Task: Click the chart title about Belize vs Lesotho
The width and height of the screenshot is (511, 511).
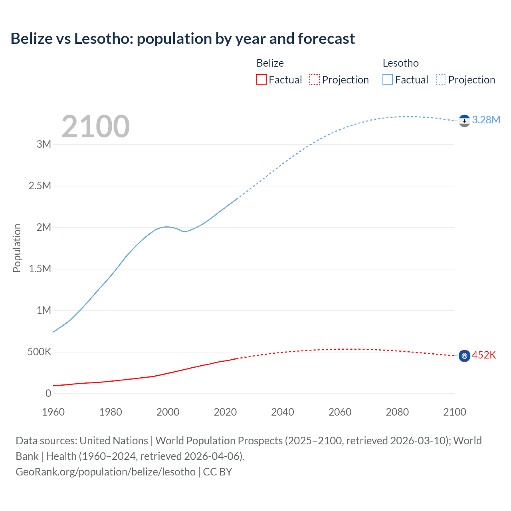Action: coord(182,39)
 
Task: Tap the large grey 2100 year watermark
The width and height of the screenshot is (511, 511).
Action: coord(95,127)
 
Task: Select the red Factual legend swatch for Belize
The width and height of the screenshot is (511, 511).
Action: coord(261,80)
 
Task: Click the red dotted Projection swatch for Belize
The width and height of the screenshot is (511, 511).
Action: coord(315,80)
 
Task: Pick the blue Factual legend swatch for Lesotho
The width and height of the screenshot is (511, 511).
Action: coord(387,80)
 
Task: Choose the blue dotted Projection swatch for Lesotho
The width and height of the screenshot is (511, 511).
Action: coord(441,80)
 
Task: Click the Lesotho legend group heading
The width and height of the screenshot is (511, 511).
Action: coord(400,63)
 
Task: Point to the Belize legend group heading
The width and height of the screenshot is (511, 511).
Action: coord(270,63)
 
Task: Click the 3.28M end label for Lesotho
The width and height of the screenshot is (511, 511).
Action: coord(486,120)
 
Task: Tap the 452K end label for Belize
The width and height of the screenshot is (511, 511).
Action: coord(484,355)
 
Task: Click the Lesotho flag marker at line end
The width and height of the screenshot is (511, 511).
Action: coord(464,121)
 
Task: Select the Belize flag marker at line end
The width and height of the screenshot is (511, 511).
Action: coord(464,356)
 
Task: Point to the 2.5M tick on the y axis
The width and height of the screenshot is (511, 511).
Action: coord(40,186)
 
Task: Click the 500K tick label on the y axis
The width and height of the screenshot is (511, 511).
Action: coord(39,352)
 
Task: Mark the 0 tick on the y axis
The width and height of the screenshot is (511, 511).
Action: coord(48,394)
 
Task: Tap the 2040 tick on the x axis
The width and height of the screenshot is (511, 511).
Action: coord(283,412)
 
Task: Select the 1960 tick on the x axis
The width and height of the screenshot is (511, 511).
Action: coord(53,412)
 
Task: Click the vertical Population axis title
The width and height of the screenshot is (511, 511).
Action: coord(17,248)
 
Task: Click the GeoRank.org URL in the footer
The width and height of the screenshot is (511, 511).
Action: coord(105,472)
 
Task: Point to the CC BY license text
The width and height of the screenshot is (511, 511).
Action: coord(218,472)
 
